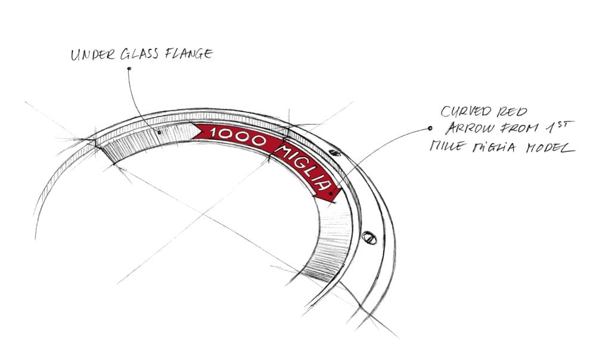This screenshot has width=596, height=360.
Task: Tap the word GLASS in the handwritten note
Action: pyautogui.click(x=139, y=54)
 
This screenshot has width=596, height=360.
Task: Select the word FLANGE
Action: pyautogui.click(x=188, y=53)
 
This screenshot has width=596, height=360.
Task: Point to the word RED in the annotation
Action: pyautogui.click(x=513, y=112)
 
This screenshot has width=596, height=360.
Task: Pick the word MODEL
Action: pyautogui.click(x=550, y=147)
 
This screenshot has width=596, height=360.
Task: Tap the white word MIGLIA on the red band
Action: pyautogui.click(x=303, y=167)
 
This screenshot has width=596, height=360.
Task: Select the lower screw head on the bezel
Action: pyautogui.click(x=369, y=237)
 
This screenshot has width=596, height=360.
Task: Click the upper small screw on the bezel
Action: pyautogui.click(x=334, y=153)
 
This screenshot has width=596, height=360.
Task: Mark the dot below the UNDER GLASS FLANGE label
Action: pyautogui.click(x=129, y=69)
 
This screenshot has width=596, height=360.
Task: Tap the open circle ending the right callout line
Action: pyautogui.click(x=430, y=129)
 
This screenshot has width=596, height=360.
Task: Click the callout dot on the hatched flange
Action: pyautogui.click(x=159, y=132)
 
